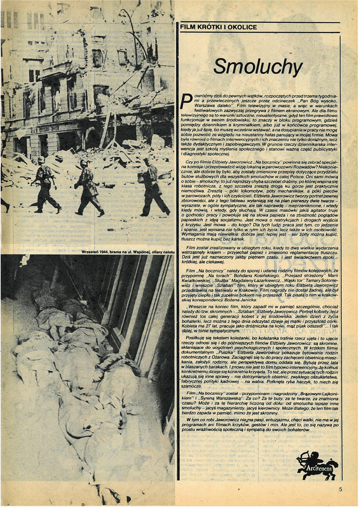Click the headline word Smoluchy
click(258, 67)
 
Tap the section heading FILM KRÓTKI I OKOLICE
click(219, 27)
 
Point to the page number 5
click(341, 489)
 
